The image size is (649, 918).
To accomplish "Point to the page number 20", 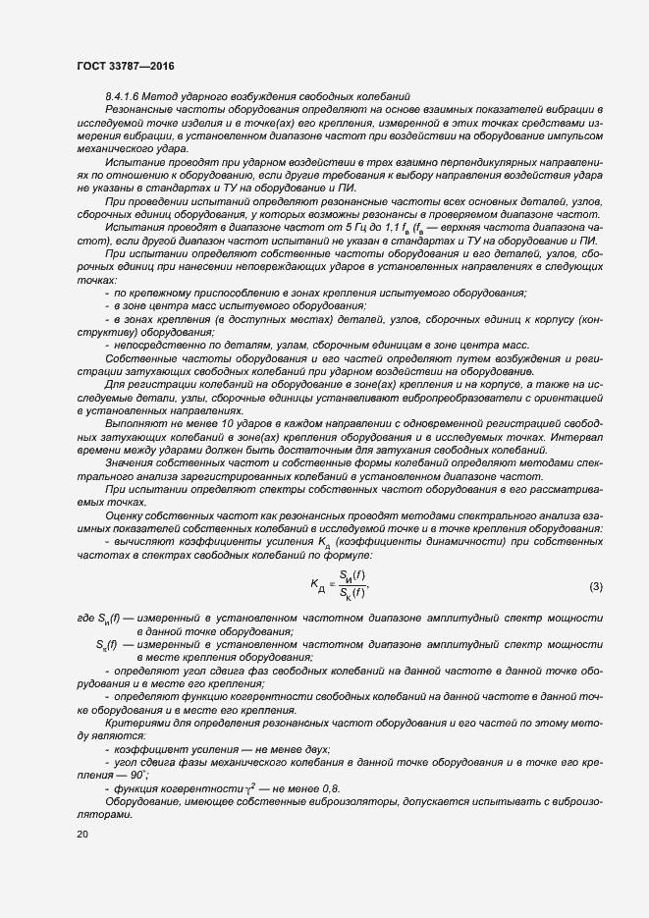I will [82, 834].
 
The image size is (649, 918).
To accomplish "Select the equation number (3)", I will [595, 587].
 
